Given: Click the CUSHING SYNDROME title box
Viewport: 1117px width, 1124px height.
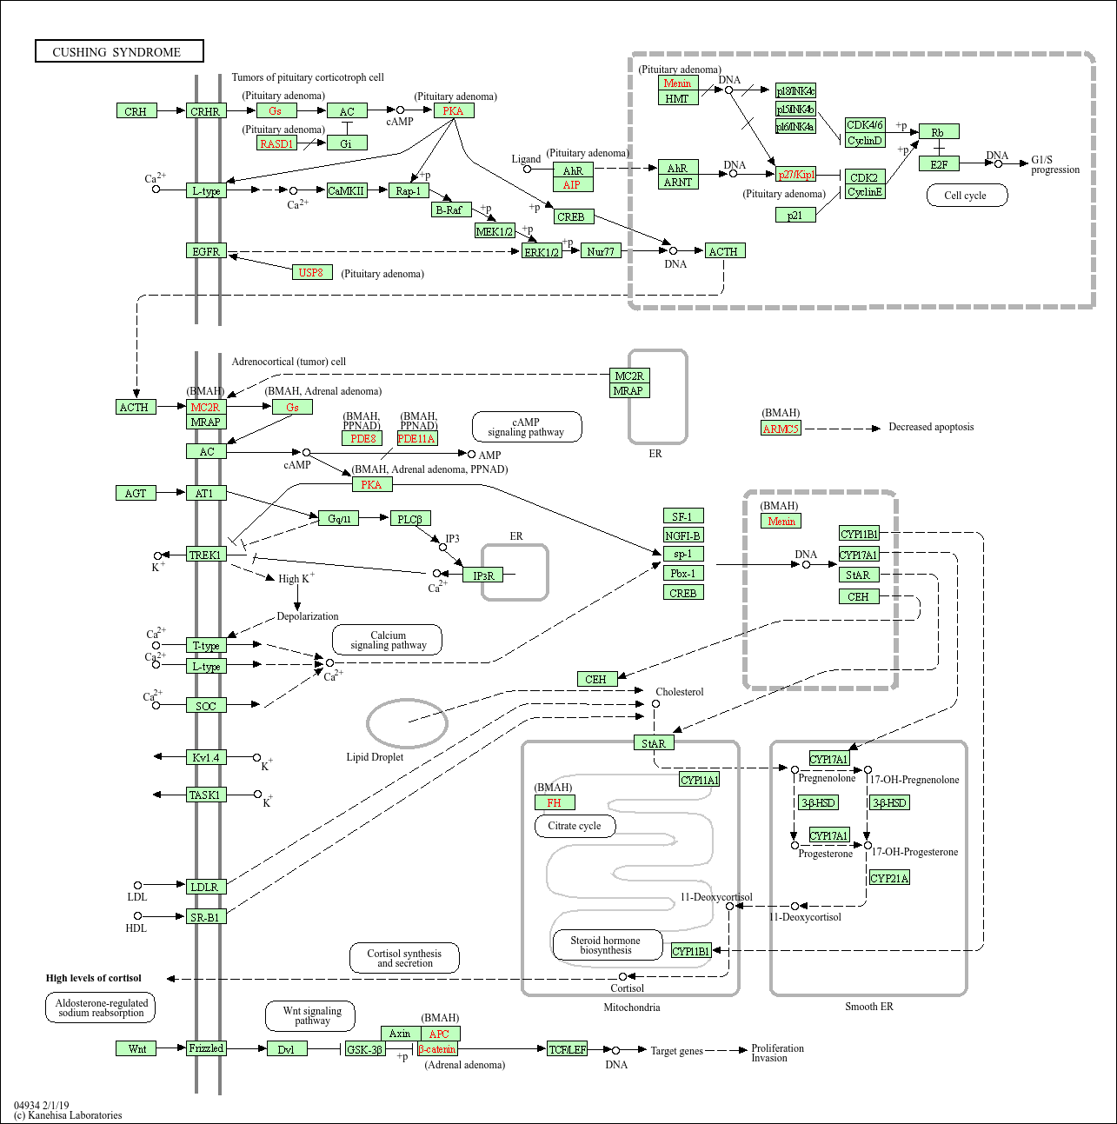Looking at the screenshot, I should (x=119, y=51).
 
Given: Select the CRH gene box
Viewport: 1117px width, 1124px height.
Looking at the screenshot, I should (x=136, y=111).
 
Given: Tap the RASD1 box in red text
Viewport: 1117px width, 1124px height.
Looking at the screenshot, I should (x=276, y=143).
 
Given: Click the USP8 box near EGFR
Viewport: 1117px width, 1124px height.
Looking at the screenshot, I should (x=311, y=272).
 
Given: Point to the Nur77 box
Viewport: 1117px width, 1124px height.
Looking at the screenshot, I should (x=601, y=251).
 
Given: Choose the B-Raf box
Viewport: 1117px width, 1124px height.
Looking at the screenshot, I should (x=450, y=210).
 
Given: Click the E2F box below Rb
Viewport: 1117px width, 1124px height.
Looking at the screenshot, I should (x=939, y=164).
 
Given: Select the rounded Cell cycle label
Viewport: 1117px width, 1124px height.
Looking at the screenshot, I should (x=965, y=196).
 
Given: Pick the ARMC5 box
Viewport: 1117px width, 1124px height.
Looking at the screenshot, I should (x=781, y=428).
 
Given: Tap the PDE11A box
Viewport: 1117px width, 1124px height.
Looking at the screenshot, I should (x=416, y=439).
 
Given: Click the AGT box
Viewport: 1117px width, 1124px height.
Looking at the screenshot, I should (x=136, y=493).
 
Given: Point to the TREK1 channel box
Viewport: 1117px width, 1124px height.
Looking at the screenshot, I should (x=206, y=555).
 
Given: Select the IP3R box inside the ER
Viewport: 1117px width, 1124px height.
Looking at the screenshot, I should (x=482, y=575).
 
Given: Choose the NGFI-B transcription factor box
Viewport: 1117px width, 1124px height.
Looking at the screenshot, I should (x=683, y=535).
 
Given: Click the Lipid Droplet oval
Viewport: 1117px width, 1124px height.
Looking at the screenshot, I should (x=407, y=722).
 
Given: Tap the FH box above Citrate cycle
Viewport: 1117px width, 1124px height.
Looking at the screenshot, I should (x=554, y=802).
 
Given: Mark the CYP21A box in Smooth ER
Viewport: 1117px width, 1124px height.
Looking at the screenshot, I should (x=889, y=878).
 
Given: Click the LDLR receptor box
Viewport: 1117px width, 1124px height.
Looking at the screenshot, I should (x=205, y=887).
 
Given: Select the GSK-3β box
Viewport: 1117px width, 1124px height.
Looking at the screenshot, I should (x=364, y=1049).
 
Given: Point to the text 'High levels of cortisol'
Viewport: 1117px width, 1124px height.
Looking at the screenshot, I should (x=94, y=978).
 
